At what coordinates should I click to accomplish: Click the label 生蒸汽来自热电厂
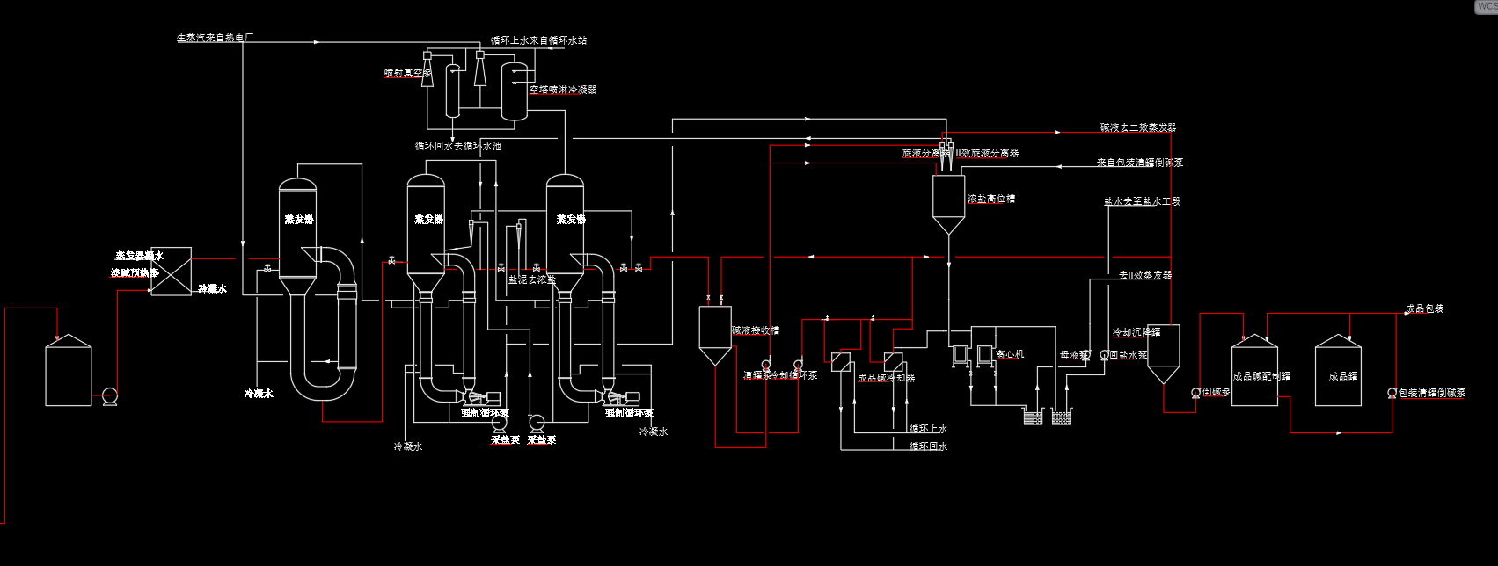click(216, 38)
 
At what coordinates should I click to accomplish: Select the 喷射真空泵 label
click(407, 73)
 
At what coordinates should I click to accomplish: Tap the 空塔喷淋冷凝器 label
click(563, 90)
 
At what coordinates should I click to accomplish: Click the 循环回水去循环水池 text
click(458, 146)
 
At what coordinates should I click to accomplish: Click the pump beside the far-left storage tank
click(110, 396)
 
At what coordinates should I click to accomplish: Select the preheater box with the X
click(172, 271)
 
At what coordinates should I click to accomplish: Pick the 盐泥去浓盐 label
click(532, 279)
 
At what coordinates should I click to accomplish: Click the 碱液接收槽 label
click(756, 331)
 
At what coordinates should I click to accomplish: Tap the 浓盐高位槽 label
click(991, 200)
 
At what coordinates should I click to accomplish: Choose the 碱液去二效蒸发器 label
click(1138, 127)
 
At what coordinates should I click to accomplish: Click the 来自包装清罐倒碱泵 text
click(1140, 163)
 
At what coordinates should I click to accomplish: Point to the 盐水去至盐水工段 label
click(1143, 201)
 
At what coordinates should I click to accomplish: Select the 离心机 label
click(1010, 354)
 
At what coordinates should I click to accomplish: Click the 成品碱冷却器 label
click(886, 378)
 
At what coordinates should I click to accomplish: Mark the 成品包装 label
click(1424, 309)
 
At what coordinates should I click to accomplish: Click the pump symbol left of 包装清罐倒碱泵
click(1392, 393)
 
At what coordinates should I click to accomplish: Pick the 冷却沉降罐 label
click(1136, 333)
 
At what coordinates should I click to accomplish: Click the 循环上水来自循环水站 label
click(538, 40)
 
